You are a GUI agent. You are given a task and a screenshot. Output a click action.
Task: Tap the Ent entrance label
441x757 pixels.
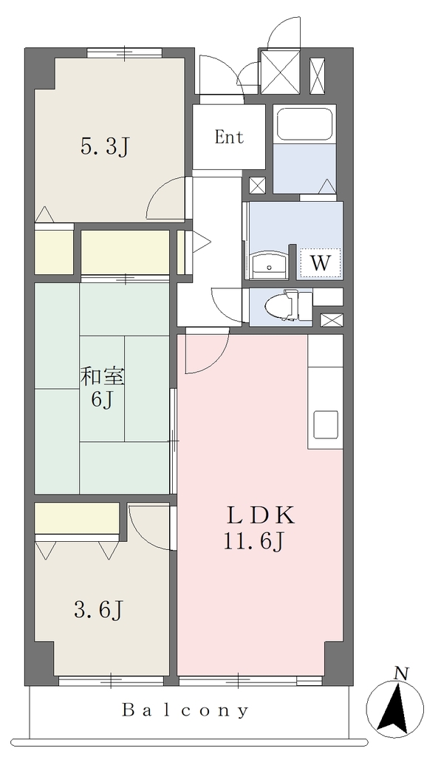click(x=229, y=137)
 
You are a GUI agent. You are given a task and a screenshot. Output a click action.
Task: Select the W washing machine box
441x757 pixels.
click(x=321, y=263)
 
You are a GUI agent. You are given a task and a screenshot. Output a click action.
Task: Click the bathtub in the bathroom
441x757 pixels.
click(x=304, y=123)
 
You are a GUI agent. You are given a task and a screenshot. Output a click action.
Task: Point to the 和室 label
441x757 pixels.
click(x=102, y=376)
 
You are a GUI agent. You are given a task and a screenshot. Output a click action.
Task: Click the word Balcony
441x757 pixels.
click(x=185, y=710)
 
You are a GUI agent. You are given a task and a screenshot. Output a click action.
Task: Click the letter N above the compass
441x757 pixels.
click(x=400, y=672)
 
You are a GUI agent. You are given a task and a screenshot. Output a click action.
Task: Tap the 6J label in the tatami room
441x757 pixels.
click(x=103, y=400)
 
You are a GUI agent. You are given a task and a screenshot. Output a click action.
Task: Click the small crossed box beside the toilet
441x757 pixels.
click(x=332, y=319)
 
